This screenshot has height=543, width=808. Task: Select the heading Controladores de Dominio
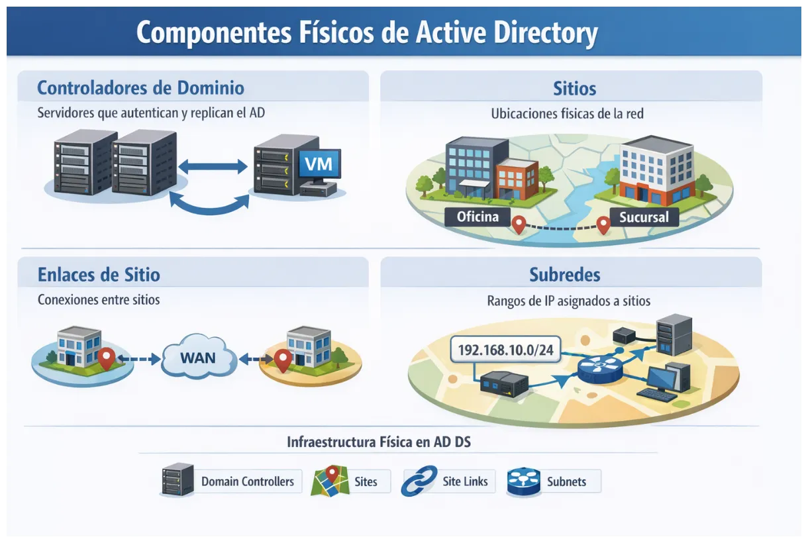(x=140, y=88)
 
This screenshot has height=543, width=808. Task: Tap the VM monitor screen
(x=319, y=162)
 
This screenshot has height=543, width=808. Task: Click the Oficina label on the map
(x=478, y=217)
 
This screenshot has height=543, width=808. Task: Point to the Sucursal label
(x=644, y=217)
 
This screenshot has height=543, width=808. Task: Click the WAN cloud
(x=198, y=358)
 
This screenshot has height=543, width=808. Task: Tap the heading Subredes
(x=565, y=274)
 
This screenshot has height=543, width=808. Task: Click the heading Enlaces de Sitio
(x=99, y=274)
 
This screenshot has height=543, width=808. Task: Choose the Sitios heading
(x=574, y=88)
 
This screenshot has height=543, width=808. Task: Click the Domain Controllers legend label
(x=247, y=481)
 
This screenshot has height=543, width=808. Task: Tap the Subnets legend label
(x=566, y=481)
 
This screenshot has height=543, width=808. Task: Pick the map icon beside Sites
(x=329, y=480)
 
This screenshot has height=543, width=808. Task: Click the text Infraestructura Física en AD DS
(x=379, y=442)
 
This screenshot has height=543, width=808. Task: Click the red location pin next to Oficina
(x=519, y=225)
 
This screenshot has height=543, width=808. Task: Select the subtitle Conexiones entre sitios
(x=99, y=299)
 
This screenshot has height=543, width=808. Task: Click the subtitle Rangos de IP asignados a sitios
(x=568, y=301)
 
